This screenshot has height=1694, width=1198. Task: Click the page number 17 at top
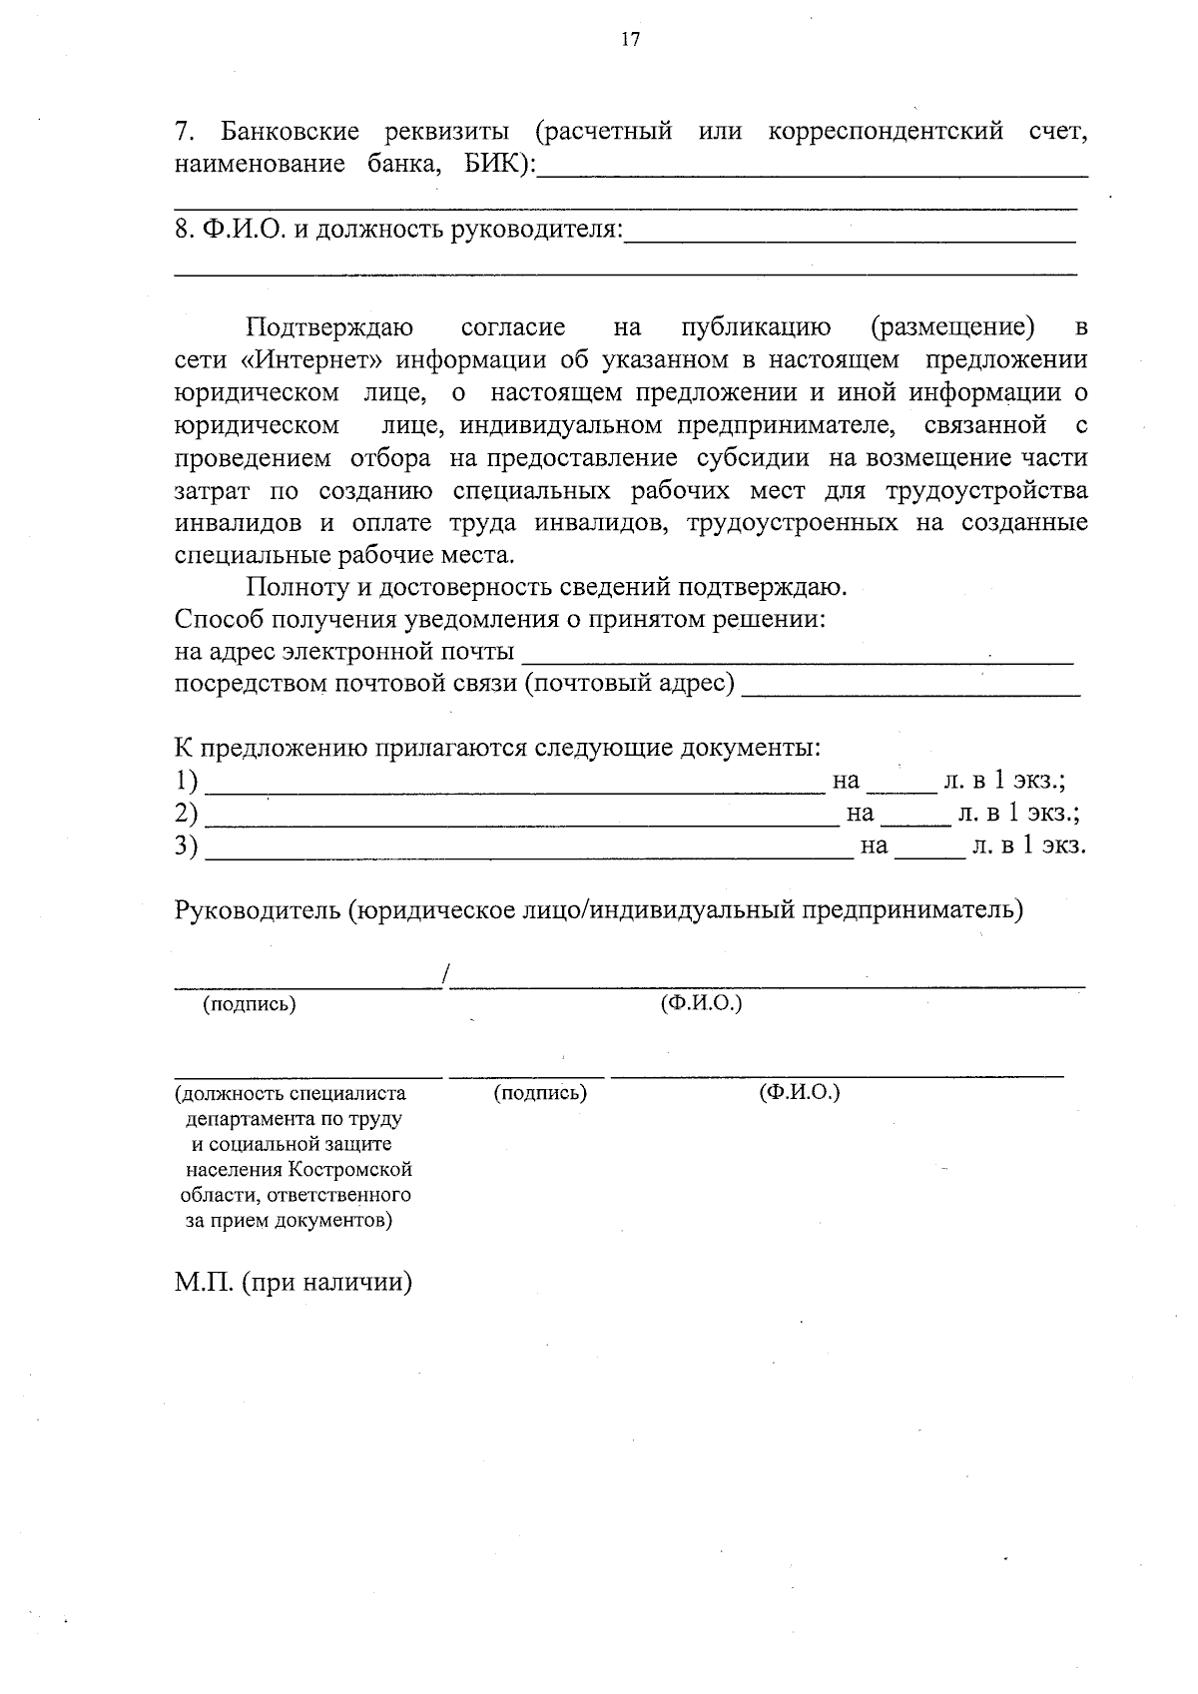point(629,40)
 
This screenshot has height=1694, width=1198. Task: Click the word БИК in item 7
point(493,165)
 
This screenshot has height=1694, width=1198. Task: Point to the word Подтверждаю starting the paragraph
point(329,327)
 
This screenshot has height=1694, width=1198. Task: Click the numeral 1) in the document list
point(186,781)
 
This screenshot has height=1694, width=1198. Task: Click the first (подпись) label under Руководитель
point(250,1005)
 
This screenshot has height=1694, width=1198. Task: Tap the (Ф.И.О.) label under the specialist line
point(799,1092)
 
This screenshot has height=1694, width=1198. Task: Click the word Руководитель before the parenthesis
point(258,910)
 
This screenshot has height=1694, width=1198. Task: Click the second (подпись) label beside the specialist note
point(540,1093)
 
